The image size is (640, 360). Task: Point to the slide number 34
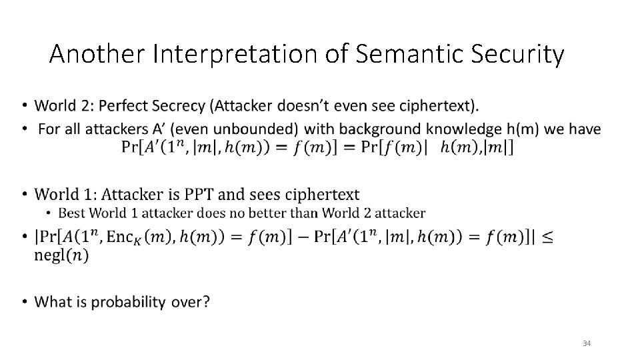click(x=587, y=343)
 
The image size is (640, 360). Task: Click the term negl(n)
click(x=61, y=255)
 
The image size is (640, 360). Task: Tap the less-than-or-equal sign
click(x=547, y=236)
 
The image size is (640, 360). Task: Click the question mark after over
click(x=205, y=302)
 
